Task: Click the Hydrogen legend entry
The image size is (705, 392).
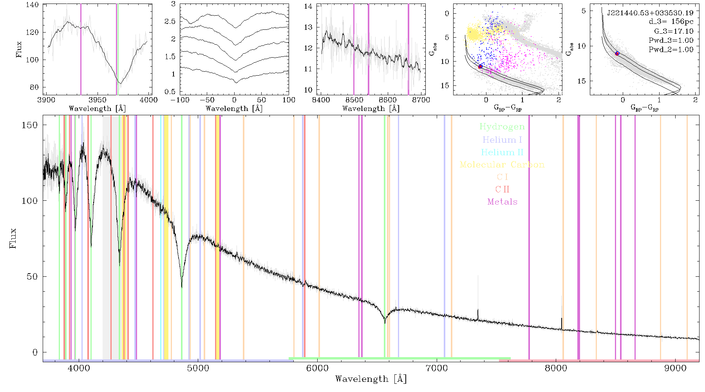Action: tap(502, 127)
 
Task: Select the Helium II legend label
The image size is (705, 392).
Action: tap(502, 152)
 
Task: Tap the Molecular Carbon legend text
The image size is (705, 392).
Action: tap(502, 165)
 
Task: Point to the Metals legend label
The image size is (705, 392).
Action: tap(503, 202)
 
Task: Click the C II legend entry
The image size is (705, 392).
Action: tap(502, 189)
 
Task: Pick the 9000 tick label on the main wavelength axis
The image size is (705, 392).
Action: tap(675, 368)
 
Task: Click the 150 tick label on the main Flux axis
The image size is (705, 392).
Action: tap(29, 125)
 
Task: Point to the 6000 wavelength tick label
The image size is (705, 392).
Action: tap(317, 368)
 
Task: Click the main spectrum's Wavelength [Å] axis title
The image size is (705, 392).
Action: tap(371, 379)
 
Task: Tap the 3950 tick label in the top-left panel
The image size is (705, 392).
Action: tap(97, 100)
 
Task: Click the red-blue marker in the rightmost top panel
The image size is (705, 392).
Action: tap(617, 53)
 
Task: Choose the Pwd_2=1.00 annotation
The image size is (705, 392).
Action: tap(671, 50)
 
